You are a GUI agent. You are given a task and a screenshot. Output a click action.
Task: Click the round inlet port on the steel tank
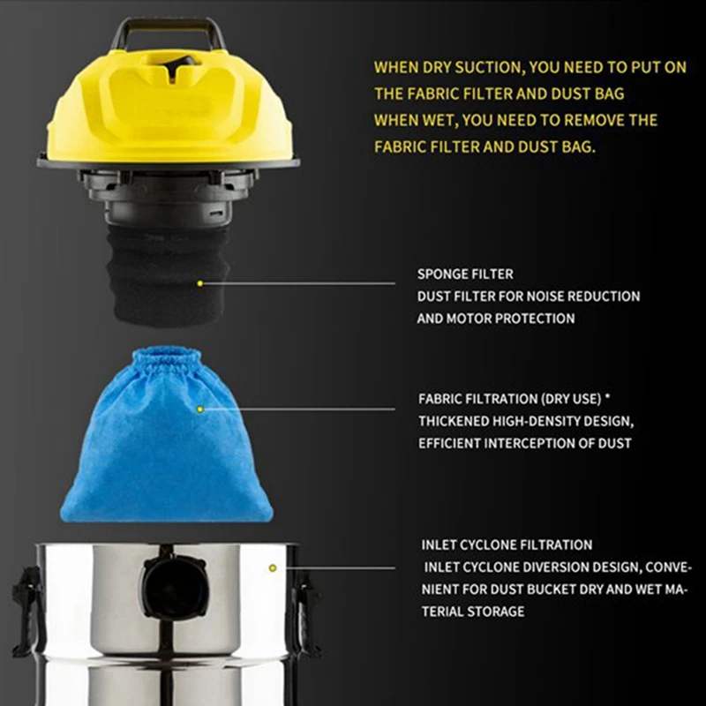click(176, 587)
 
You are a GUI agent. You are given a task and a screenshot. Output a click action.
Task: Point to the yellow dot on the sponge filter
click(200, 283)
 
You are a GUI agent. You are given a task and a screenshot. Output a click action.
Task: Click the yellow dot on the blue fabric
click(200, 409)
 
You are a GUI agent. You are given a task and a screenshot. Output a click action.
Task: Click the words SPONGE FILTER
click(465, 274)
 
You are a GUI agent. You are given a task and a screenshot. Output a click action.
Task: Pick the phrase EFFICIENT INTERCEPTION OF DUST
click(524, 444)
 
